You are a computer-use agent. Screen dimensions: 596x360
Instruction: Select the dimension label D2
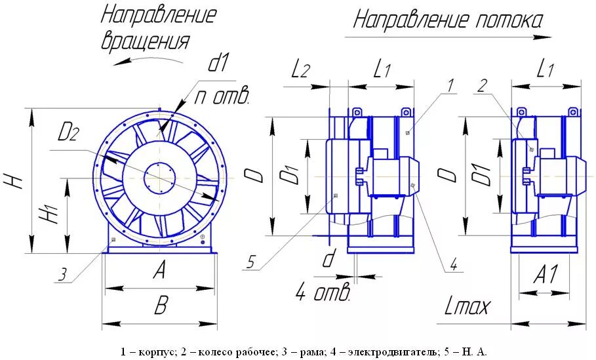pyautogui.click(x=68, y=133)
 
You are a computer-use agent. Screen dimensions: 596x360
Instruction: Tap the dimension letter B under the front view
pyautogui.click(x=160, y=306)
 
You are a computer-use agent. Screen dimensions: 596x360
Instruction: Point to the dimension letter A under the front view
pyautogui.click(x=159, y=270)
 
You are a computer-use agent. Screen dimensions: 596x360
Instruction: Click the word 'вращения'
pyautogui.click(x=145, y=41)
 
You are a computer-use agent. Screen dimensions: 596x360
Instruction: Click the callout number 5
pyautogui.click(x=250, y=263)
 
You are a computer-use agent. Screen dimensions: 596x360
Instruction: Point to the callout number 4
pyautogui.click(x=452, y=265)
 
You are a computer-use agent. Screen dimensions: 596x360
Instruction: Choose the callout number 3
pyautogui.click(x=62, y=275)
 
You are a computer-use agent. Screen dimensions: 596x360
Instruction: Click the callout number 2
pyautogui.click(x=482, y=85)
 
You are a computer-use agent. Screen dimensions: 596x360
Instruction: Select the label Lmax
pyautogui.click(x=467, y=305)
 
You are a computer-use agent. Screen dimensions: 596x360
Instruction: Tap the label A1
pyautogui.click(x=545, y=275)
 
